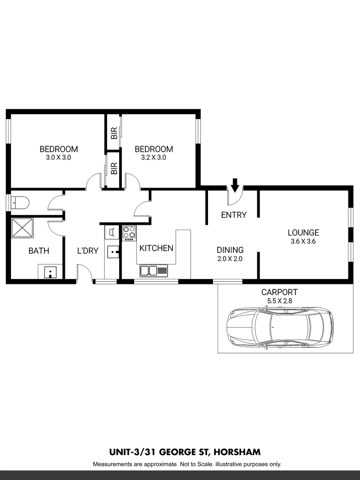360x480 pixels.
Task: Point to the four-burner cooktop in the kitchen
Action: click(129, 233)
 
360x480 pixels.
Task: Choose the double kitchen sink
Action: click(153, 270)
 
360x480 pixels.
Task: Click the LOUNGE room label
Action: click(303, 232)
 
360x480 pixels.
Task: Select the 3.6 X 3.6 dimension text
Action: click(303, 242)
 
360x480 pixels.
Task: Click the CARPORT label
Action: click(279, 292)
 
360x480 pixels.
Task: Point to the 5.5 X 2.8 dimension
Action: click(279, 301)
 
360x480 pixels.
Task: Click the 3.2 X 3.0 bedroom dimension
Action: click(153, 157)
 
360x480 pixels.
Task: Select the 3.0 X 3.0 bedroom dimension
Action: click(59, 157)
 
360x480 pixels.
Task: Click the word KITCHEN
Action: click(156, 248)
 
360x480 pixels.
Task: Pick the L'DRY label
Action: click(88, 251)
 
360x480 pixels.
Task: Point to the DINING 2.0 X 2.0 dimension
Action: click(230, 259)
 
